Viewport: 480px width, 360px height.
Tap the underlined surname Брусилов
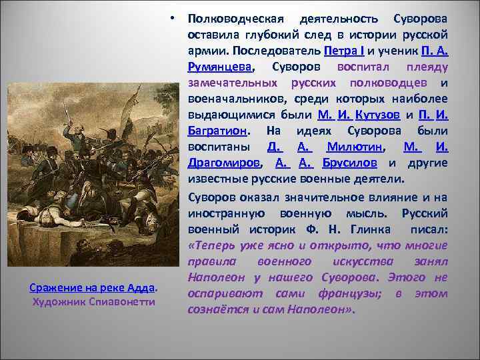(x=351, y=162)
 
